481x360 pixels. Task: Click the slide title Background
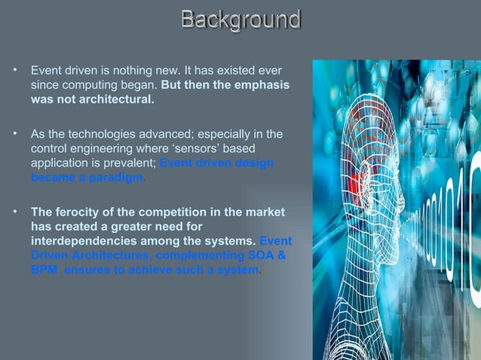point(240,20)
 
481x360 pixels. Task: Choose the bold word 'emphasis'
point(261,85)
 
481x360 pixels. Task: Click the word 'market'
point(265,213)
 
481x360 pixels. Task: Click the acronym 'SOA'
point(256,256)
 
